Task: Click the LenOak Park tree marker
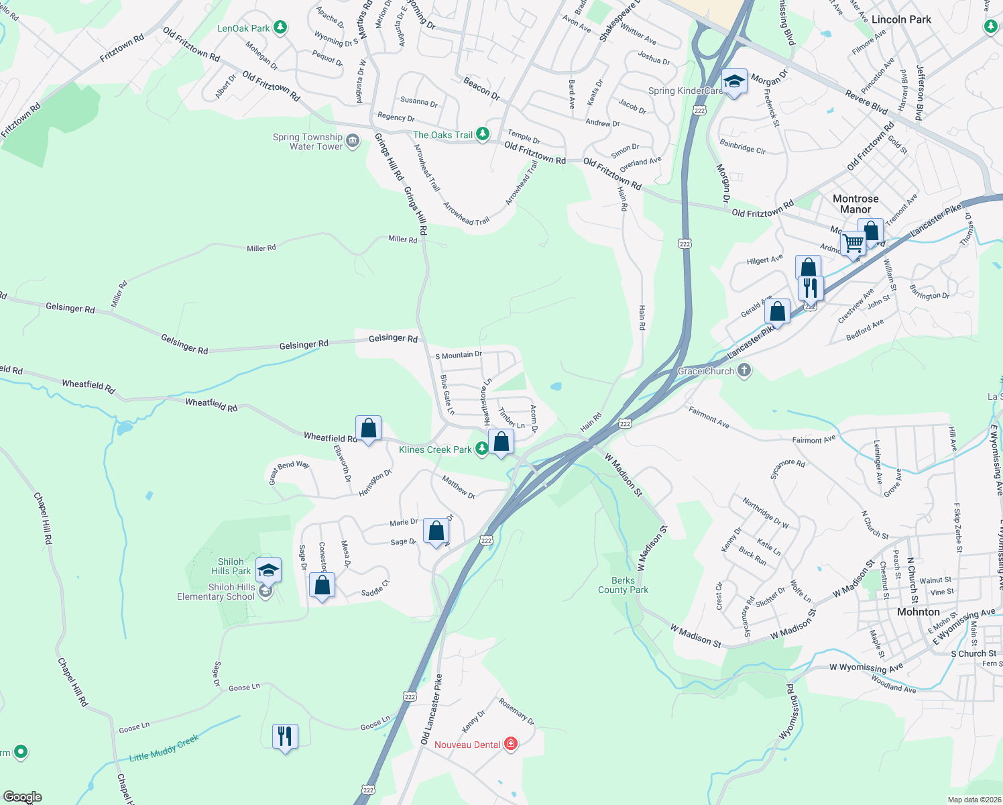pos(280,28)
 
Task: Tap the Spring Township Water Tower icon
pos(353,141)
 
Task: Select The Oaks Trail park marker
pos(482,134)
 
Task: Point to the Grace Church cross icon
pos(744,370)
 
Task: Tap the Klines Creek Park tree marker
pos(481,449)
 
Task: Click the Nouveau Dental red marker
pos(511,744)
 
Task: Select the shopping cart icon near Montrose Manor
pos(853,243)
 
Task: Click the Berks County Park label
pos(623,585)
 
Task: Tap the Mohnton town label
pos(918,612)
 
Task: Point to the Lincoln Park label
pos(901,19)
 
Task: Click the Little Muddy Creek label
pos(164,748)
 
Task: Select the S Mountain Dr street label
pos(459,355)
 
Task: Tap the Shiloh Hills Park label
pos(231,566)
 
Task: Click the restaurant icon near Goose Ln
pos(285,737)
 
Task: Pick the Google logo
pos(23,797)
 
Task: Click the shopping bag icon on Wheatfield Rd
pos(368,428)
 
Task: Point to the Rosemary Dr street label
pos(516,712)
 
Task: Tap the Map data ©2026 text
pos(971,800)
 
